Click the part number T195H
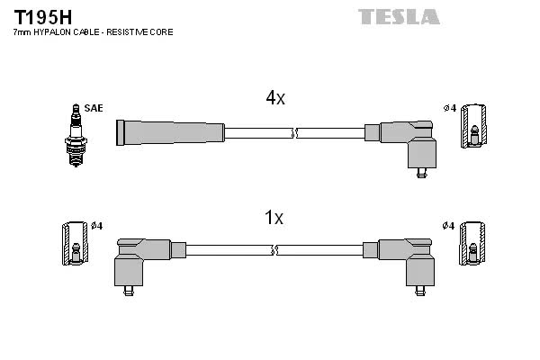[42, 18]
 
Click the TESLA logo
[399, 16]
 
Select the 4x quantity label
[275, 98]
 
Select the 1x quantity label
[274, 218]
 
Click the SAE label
[94, 108]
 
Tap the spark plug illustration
[76, 135]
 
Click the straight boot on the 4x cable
[170, 132]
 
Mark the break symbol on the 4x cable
[294, 133]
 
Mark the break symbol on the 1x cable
[274, 250]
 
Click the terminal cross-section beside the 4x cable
[474, 126]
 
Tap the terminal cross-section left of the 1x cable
[75, 243]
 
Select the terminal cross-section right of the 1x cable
[472, 243]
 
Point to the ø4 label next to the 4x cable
[450, 109]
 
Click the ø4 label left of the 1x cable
[97, 226]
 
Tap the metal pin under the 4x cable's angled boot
[421, 173]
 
